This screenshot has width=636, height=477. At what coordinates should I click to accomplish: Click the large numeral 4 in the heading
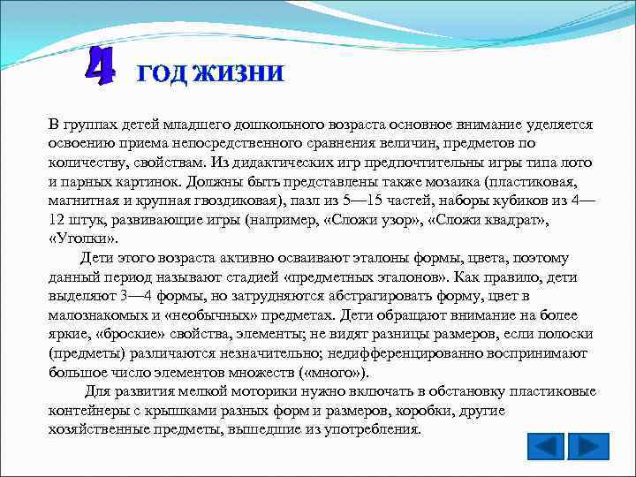(101, 67)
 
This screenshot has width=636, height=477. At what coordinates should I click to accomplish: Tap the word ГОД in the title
(163, 73)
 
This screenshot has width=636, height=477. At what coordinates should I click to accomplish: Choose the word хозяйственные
(100, 429)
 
